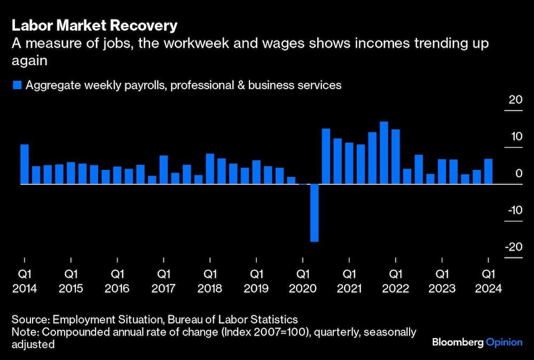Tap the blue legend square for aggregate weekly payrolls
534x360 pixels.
[17, 85]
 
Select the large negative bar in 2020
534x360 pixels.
[315, 213]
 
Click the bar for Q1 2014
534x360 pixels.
[25, 165]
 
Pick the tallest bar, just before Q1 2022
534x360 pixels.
[384, 153]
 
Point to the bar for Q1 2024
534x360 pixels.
[488, 171]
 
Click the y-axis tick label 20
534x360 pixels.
[515, 99]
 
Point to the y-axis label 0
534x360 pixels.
[519, 173]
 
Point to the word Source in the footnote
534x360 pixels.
[30, 320]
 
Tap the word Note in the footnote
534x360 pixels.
[22, 332]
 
